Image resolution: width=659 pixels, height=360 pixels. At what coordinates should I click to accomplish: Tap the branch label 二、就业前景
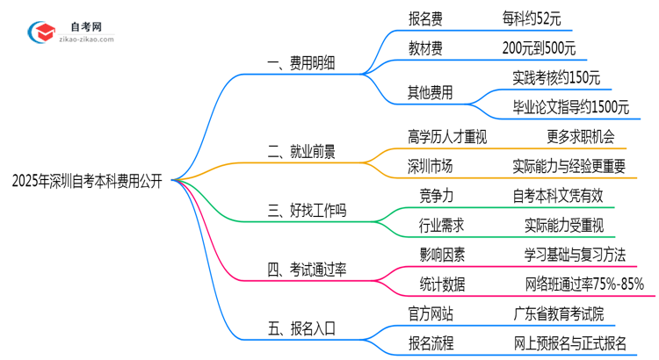coord(300,151)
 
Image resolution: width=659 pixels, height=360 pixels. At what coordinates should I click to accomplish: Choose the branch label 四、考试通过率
coord(306,269)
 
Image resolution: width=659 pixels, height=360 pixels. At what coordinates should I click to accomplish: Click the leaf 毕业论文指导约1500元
coord(570,107)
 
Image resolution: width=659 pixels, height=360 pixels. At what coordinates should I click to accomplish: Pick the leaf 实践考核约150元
coord(556,77)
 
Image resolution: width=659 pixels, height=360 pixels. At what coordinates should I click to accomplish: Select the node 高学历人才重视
coord(447,136)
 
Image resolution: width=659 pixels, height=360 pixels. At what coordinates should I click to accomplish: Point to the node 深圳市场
coord(431,166)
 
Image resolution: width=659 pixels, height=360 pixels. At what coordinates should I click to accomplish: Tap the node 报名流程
coord(431,343)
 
